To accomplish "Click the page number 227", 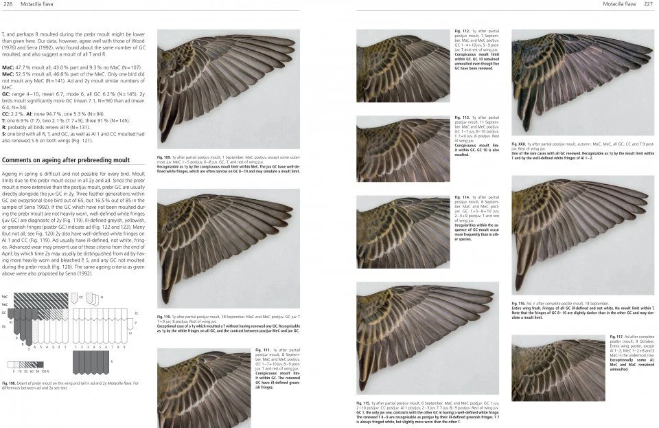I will [648, 4].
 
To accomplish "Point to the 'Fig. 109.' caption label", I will [164, 157].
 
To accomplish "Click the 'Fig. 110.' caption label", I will [164, 316].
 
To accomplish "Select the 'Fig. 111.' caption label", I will [261, 350].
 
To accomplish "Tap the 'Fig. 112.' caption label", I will [461, 32].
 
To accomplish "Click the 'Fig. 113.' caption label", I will [461, 118].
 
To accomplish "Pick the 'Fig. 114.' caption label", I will [461, 196].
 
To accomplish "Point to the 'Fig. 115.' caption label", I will [363, 402].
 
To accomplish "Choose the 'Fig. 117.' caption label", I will [616, 336].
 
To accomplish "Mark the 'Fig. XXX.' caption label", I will [519, 143].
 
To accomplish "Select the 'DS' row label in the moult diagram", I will [4, 327].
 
